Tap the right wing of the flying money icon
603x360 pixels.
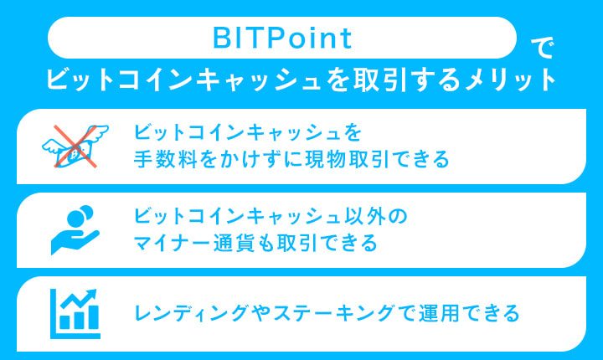tap(99, 134)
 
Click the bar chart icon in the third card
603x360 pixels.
tap(75, 311)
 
